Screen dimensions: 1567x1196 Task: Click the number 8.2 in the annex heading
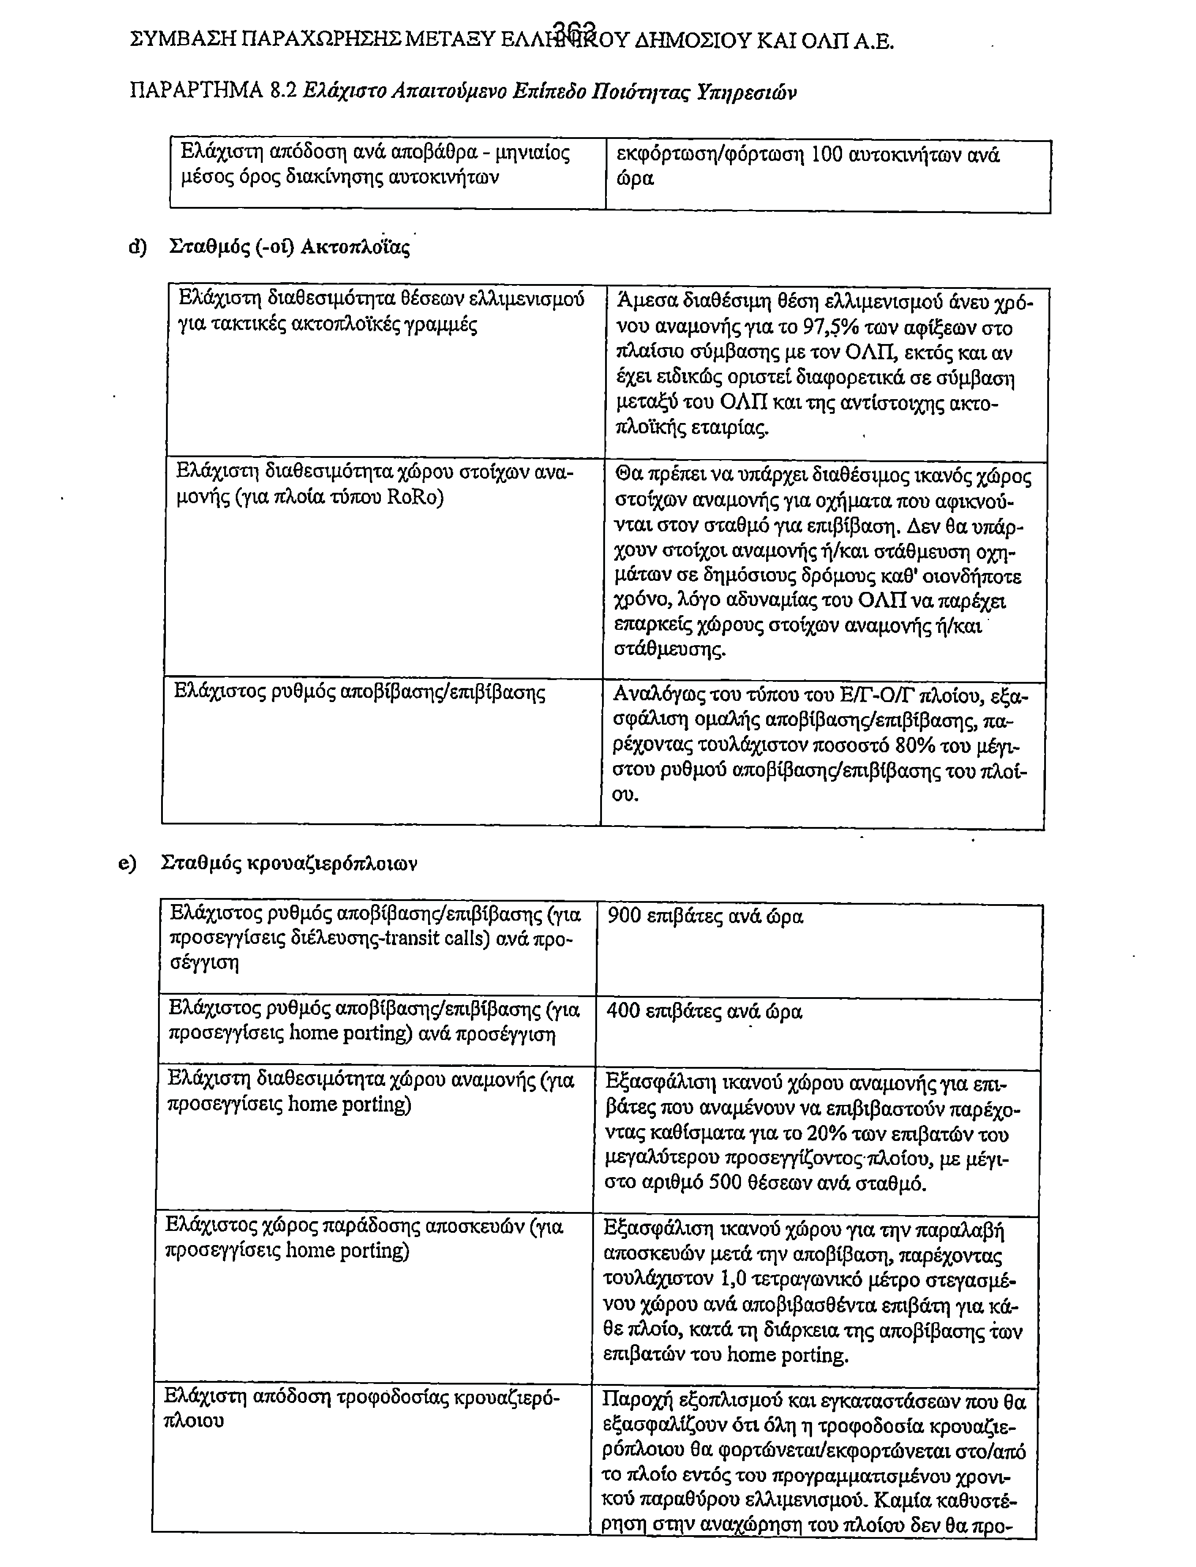point(284,91)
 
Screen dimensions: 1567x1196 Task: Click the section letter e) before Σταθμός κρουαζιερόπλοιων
point(127,863)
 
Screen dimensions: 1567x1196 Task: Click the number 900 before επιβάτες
point(625,916)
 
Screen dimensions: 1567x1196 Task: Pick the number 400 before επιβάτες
point(623,1011)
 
